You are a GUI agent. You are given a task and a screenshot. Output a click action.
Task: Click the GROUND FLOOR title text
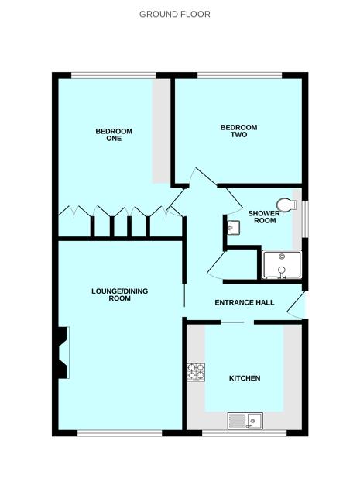174,14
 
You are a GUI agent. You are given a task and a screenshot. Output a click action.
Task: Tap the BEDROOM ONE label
114,135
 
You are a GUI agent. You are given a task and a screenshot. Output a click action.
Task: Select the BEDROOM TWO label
238,131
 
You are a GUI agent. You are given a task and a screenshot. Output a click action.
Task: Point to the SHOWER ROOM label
262,216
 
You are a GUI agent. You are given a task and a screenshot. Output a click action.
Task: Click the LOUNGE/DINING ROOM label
119,294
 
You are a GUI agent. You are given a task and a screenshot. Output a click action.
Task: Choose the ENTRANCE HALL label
245,302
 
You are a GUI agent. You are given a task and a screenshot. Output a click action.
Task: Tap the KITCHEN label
244,378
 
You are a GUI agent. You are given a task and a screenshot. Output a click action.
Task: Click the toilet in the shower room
290,204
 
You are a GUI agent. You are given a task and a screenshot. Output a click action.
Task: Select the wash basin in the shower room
233,227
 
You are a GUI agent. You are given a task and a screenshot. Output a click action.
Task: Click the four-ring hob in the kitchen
195,373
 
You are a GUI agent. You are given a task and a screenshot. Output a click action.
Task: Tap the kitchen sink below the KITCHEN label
245,421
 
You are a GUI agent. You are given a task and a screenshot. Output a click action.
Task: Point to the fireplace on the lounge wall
63,353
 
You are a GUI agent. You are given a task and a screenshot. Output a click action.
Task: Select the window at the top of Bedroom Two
238,75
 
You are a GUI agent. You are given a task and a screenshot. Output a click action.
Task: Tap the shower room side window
304,220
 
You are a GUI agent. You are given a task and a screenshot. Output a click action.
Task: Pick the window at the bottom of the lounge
119,432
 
